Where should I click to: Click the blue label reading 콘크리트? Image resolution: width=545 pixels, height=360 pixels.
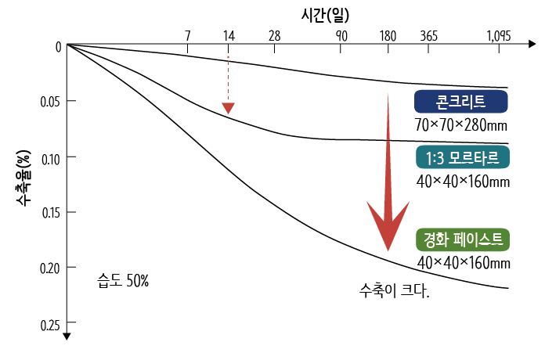coord(461,102)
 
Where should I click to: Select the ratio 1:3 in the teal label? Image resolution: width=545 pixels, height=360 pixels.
coord(435,158)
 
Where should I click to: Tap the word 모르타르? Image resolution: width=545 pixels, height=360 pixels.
coord(473,158)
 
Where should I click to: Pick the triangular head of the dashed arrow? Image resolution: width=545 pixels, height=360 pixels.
coord(228,108)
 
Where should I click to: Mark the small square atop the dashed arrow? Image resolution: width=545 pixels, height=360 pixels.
coord(228,57)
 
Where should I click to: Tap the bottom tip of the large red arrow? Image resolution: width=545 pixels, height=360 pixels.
coord(388,249)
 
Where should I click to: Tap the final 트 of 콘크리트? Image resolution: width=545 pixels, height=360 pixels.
coord(479,102)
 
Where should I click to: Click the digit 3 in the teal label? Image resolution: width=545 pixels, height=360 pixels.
coord(440,158)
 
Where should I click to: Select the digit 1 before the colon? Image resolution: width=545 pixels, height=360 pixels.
coord(428,158)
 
